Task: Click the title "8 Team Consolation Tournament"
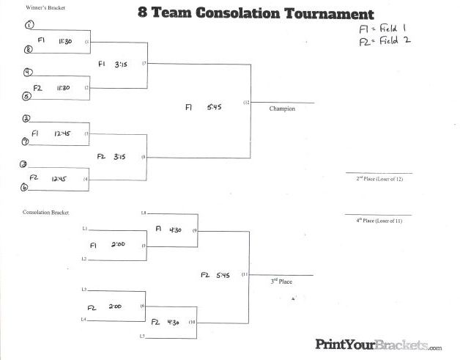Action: [x=255, y=14]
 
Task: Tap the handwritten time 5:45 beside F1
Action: [x=214, y=107]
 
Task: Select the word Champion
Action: [x=282, y=109]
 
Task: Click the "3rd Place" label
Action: [x=282, y=282]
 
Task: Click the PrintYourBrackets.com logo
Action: [x=378, y=344]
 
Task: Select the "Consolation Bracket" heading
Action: [x=45, y=212]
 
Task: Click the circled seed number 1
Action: [x=29, y=25]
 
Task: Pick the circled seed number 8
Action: [x=29, y=50]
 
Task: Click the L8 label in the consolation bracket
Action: [x=144, y=213]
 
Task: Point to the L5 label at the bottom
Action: [x=144, y=337]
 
